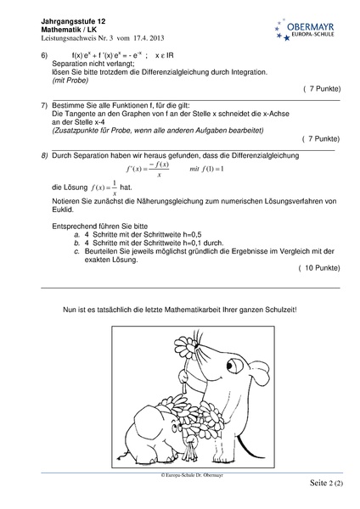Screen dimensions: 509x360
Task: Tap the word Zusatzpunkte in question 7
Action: click(76, 131)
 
